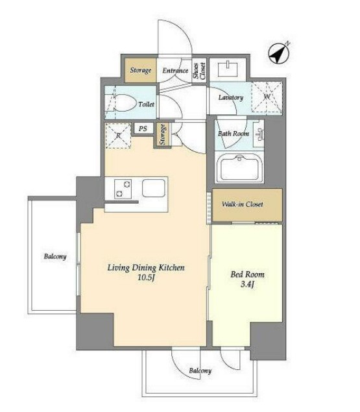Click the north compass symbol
[279, 54]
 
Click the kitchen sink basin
[154, 188]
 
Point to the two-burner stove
[123, 189]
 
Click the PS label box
[143, 128]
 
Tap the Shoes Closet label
[199, 71]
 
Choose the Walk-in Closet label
[243, 204]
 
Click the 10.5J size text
[146, 278]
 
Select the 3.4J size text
[247, 284]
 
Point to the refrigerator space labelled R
[118, 136]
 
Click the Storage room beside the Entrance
[141, 70]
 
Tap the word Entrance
[175, 71]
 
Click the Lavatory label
[231, 97]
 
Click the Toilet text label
[147, 104]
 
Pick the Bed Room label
[248, 274]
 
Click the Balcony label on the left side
[55, 256]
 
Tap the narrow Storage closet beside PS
[163, 134]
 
